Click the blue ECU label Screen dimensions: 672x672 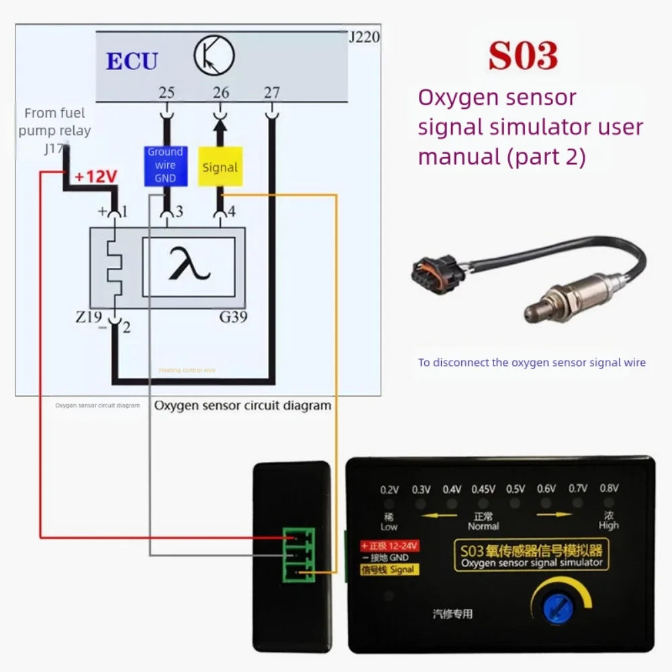(132, 61)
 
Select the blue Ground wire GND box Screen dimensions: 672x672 (165, 166)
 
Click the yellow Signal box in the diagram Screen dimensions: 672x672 (220, 168)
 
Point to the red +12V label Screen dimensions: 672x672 (95, 177)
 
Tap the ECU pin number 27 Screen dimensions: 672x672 (271, 92)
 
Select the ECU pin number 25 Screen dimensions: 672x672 (166, 92)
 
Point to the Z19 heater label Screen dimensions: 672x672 (90, 316)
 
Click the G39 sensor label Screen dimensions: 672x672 (234, 316)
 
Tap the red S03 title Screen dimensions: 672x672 (523, 56)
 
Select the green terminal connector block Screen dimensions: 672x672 (299, 555)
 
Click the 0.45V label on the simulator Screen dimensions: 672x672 (483, 489)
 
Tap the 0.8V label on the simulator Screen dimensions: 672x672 (609, 488)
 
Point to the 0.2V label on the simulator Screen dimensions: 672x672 (389, 489)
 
